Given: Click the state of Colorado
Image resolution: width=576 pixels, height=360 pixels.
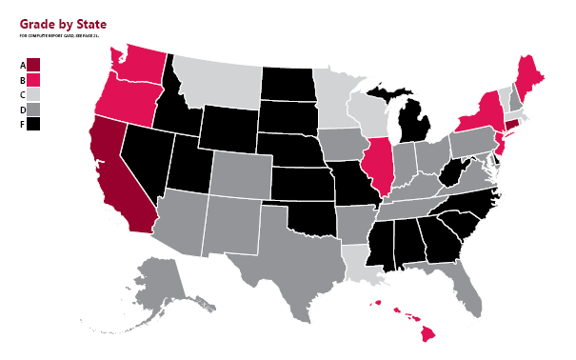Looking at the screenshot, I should tap(236, 171).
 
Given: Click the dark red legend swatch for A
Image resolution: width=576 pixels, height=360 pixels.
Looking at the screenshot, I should tap(33, 65).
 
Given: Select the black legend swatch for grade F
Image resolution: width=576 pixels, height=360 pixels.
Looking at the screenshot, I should tap(33, 124).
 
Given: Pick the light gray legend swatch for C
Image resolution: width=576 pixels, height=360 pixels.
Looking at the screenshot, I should tap(33, 94).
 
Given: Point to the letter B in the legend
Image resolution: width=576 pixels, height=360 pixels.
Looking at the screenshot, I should tap(21, 80).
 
